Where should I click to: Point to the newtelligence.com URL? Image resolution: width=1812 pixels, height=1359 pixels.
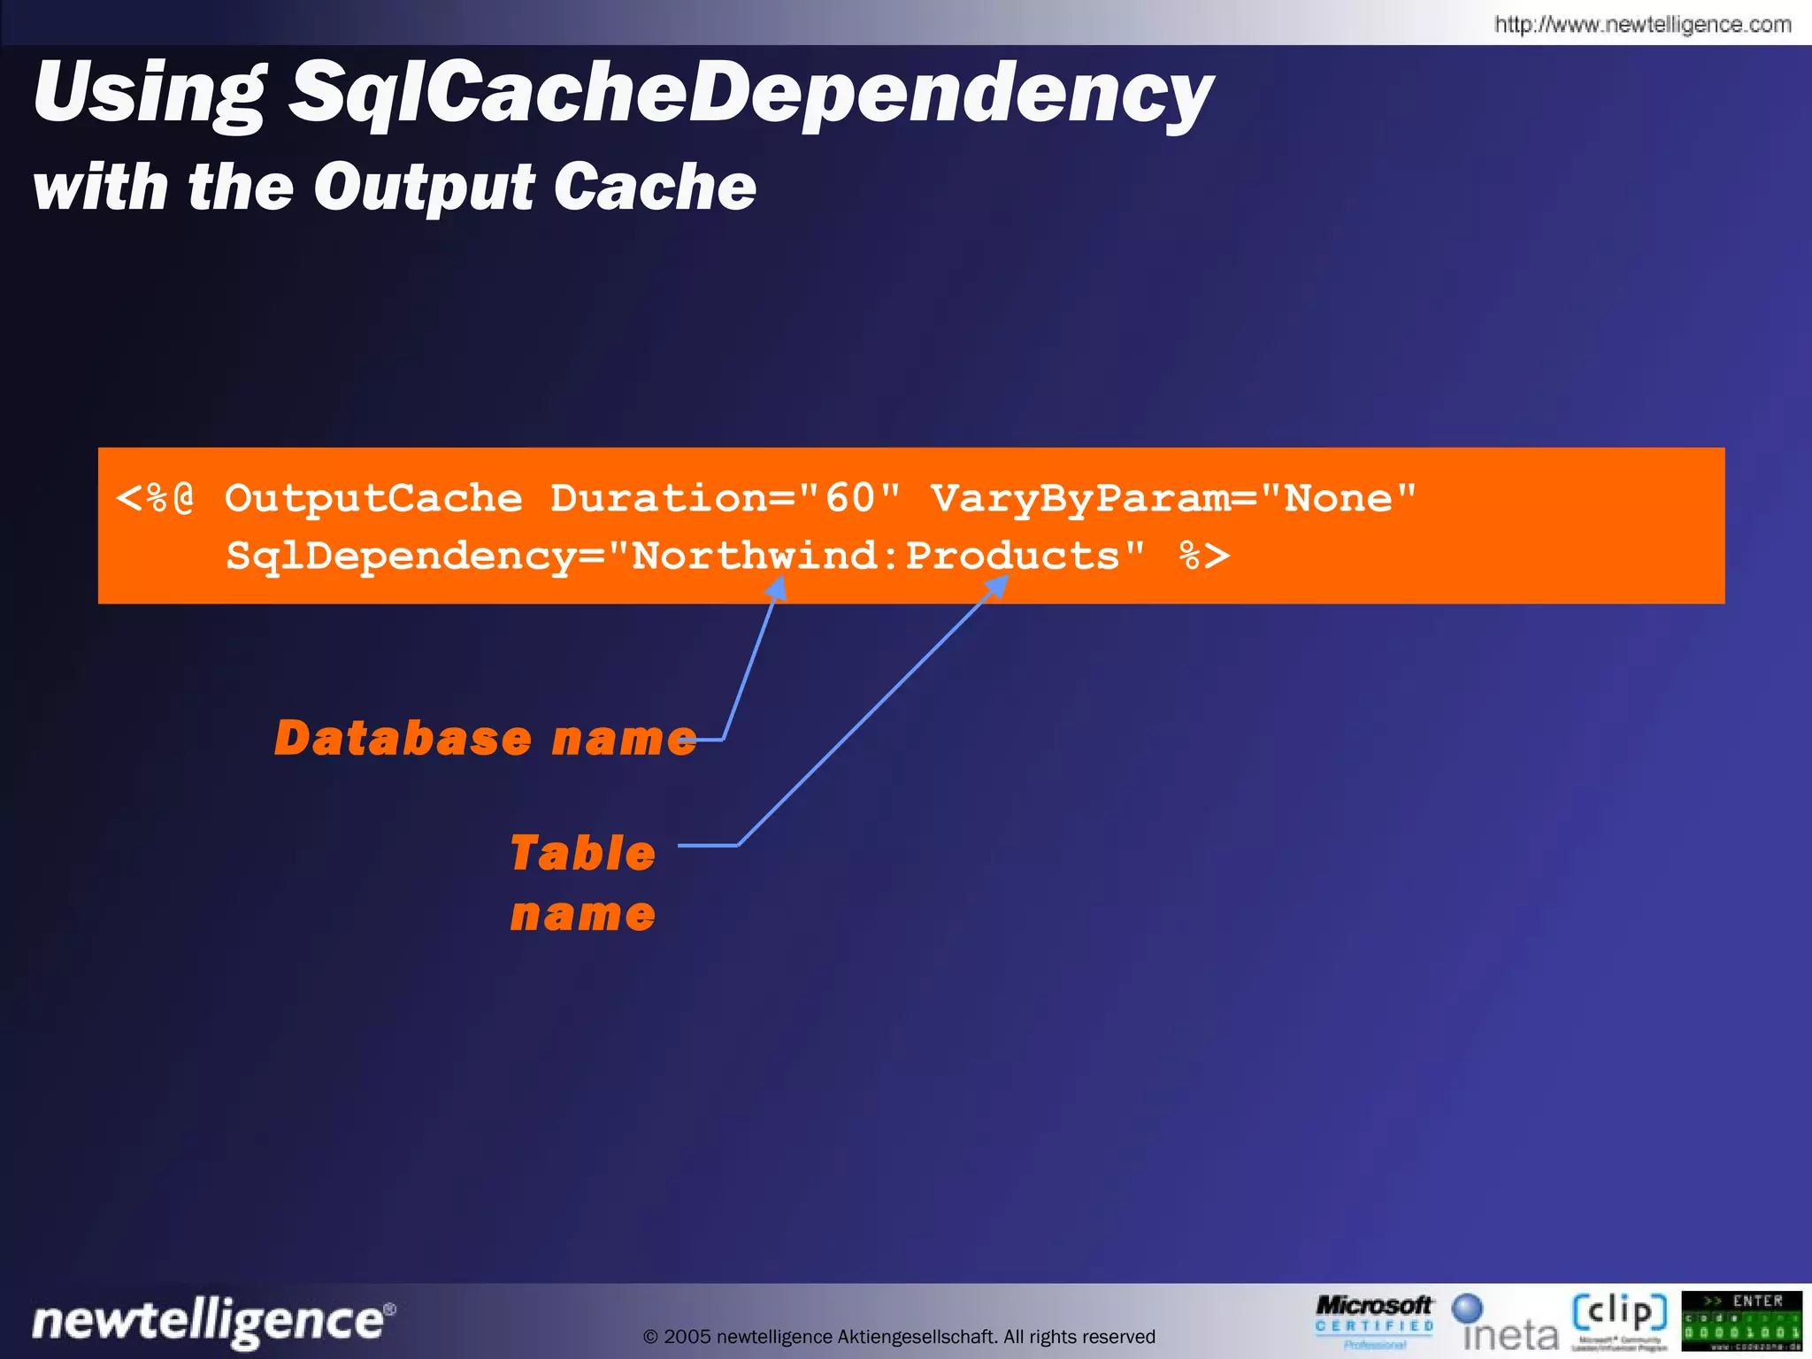coord(1642,24)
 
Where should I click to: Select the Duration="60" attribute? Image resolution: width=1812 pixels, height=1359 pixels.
coord(726,498)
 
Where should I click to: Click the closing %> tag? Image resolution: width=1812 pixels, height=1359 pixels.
coord(1204,557)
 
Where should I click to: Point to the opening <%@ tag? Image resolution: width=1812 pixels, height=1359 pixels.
coord(156,498)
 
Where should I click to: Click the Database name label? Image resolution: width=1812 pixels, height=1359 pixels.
coord(485,739)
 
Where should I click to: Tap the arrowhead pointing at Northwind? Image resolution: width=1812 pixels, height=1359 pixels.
coord(777,587)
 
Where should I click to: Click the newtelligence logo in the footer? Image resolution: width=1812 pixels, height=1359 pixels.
coord(213,1321)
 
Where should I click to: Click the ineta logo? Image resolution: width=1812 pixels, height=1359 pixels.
coord(1508,1323)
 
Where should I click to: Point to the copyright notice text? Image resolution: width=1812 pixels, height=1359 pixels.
coord(899,1336)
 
